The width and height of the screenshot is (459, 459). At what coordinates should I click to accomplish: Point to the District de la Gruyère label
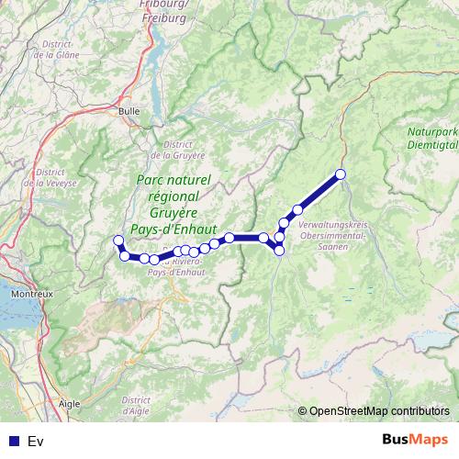point(184,150)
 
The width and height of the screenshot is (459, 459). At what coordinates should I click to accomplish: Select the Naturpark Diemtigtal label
point(431,137)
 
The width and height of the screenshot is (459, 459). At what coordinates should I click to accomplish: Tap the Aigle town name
point(68,402)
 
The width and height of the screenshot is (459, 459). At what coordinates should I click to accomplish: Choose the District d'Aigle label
point(135,407)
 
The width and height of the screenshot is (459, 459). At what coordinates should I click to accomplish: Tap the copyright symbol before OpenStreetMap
point(302,411)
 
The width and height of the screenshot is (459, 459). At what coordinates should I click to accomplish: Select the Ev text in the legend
point(36,441)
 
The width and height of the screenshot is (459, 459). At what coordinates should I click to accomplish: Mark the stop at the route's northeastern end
point(341,174)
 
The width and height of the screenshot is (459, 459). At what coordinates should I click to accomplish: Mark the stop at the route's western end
point(117,241)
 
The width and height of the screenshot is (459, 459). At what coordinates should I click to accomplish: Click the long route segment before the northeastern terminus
point(319,192)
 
